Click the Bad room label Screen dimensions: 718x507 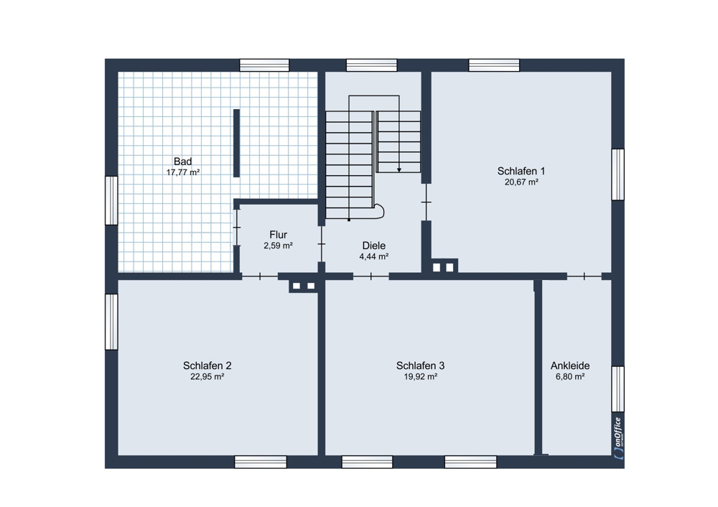tap(182, 161)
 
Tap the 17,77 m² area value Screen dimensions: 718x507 tap(183, 172)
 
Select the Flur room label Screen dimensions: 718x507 tap(278, 235)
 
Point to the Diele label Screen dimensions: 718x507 tap(373, 246)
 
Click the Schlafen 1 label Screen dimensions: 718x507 tap(521, 172)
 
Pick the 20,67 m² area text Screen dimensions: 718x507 tap(521, 182)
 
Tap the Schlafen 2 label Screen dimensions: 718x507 tap(207, 366)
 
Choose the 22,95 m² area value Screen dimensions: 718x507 tap(207, 377)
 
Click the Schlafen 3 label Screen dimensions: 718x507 tap(420, 366)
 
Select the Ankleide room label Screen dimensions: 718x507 tap(570, 366)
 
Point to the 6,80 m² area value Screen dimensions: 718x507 tap(570, 377)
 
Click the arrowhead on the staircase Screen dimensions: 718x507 tap(399, 170)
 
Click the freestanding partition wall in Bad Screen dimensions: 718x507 tap(236, 143)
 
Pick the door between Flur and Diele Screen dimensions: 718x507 tap(322, 244)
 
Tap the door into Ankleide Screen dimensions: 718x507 tap(584, 276)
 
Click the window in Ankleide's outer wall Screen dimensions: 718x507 tap(618, 389)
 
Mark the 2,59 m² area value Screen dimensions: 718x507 tap(278, 246)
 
